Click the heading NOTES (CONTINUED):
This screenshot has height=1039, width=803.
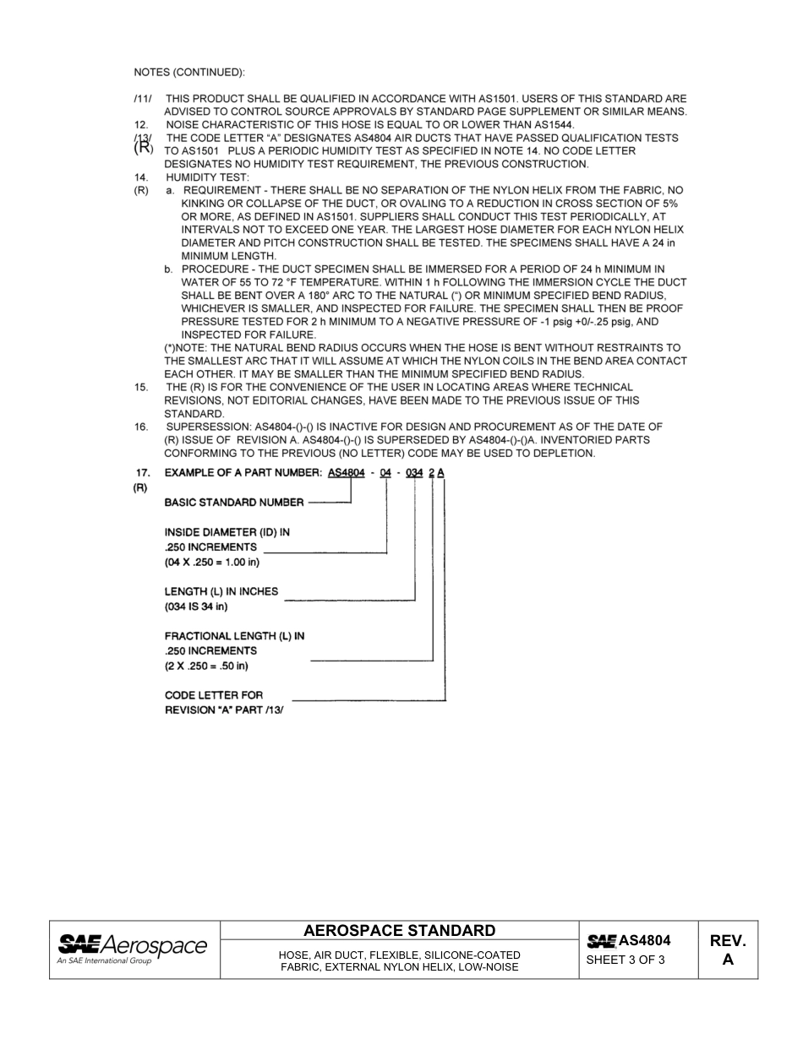(x=189, y=71)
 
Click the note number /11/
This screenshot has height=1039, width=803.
(x=142, y=99)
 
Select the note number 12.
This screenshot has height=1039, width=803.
(x=141, y=125)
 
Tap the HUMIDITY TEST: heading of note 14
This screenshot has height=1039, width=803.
(x=207, y=177)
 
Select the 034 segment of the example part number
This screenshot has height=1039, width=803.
(x=414, y=473)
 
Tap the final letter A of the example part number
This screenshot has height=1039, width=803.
(x=441, y=473)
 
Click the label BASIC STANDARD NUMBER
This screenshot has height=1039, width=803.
(x=233, y=503)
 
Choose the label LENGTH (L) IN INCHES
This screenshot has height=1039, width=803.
(x=221, y=591)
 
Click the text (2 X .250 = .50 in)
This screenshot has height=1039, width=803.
(x=206, y=666)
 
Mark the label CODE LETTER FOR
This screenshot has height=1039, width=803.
(x=213, y=695)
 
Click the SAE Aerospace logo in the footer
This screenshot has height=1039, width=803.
(x=132, y=949)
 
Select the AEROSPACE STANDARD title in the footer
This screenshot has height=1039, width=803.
(x=400, y=931)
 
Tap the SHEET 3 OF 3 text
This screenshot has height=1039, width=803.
(x=625, y=960)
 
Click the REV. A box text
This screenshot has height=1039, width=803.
(x=728, y=950)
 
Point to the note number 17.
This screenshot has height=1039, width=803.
(x=144, y=473)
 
